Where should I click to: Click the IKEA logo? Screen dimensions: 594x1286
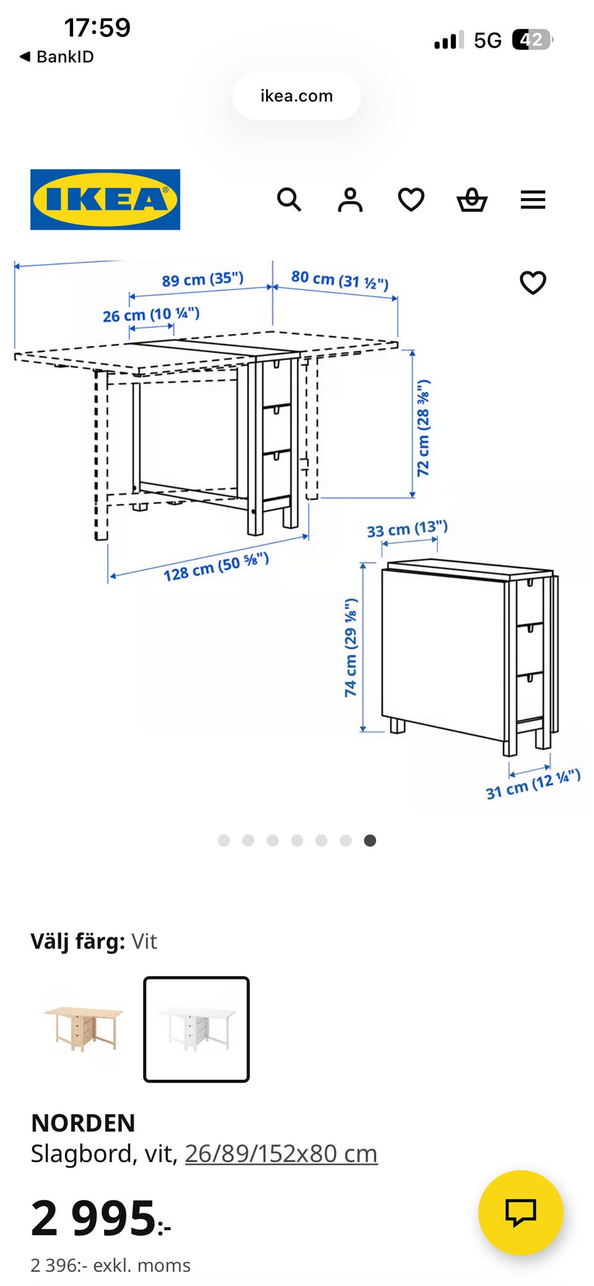105,199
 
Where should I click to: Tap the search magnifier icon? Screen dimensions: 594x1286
289,200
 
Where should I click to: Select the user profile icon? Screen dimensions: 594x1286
350,200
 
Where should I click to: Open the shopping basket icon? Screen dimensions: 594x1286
472,200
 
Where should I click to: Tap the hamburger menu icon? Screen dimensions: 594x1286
533,200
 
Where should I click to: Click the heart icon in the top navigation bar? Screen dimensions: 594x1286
411,200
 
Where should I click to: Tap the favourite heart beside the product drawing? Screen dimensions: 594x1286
533,283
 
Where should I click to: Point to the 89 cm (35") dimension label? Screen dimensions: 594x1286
203,279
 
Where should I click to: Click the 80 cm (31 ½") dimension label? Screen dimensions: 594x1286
340,280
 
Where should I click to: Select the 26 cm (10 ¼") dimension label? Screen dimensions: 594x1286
151,314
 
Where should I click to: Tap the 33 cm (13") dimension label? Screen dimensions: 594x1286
407,530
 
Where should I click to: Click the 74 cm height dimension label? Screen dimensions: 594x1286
351,647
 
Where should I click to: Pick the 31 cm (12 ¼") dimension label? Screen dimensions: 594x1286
533,784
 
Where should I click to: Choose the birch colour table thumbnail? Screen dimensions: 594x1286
84,1029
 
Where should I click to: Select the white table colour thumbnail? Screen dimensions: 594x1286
196,1029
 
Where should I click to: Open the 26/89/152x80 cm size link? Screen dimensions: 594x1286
281,1154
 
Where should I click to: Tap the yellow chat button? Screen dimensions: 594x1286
520,1212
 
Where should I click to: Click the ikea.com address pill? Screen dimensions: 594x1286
297,96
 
